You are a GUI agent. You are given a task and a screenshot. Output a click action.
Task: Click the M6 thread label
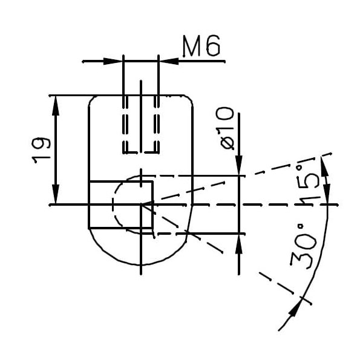point(201,47)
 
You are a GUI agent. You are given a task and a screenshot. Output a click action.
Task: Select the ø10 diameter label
point(224,127)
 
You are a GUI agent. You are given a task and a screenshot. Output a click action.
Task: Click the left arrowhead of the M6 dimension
point(115,61)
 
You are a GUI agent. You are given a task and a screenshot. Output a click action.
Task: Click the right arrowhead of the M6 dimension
point(166,61)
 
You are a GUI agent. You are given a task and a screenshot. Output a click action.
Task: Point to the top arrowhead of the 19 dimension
point(56,103)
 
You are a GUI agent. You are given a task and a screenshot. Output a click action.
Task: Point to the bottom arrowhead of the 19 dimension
point(56,197)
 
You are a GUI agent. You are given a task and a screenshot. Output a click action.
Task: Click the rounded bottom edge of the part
point(140,264)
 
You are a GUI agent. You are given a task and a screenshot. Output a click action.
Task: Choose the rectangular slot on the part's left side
point(120,205)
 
